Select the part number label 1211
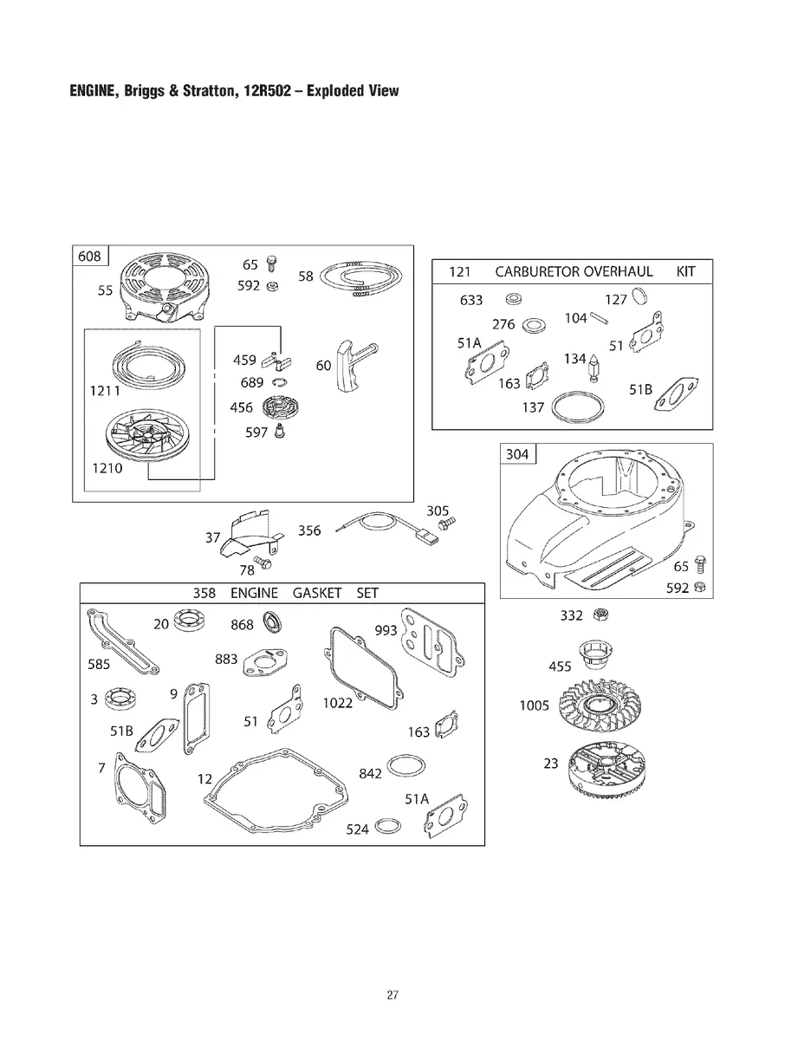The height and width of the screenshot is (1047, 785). pyautogui.click(x=105, y=391)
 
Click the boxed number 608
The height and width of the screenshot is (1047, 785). pyautogui.click(x=89, y=257)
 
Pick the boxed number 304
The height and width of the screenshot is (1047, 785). pyautogui.click(x=517, y=453)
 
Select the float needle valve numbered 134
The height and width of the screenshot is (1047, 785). pyautogui.click(x=594, y=367)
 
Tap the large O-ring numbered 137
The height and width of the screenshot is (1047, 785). pyautogui.click(x=578, y=406)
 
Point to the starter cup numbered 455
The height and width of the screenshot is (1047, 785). pyautogui.click(x=595, y=656)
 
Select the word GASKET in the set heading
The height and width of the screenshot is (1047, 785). pyautogui.click(x=317, y=593)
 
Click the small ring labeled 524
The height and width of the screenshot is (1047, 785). pyautogui.click(x=388, y=826)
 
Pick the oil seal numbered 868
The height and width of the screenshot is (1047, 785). pyautogui.click(x=273, y=622)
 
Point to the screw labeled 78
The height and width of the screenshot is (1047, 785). pyautogui.click(x=263, y=562)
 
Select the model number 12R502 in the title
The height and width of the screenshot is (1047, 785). pyautogui.click(x=267, y=91)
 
